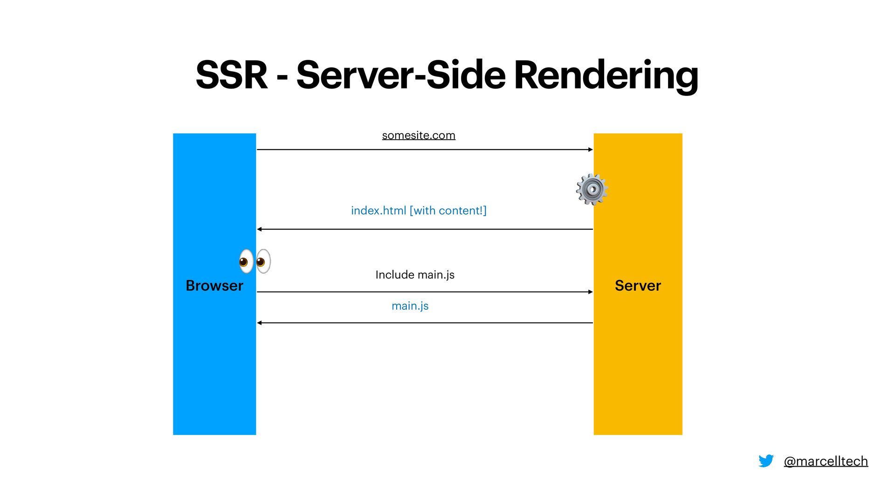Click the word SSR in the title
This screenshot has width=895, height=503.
pyautogui.click(x=232, y=75)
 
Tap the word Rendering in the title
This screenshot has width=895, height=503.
pyautogui.click(x=606, y=76)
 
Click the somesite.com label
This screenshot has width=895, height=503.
pyautogui.click(x=419, y=135)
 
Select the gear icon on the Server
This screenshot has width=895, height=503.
pyautogui.click(x=592, y=189)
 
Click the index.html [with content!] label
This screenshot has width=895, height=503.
pyautogui.click(x=419, y=211)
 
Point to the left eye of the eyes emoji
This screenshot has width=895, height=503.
pyautogui.click(x=246, y=261)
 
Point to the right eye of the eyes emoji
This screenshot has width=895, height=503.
pyautogui.click(x=263, y=261)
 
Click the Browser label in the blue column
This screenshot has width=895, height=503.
pyautogui.click(x=214, y=285)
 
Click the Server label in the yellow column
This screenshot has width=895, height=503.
pyautogui.click(x=638, y=285)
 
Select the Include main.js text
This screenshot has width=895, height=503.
pyautogui.click(x=415, y=275)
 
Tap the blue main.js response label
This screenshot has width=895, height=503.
pyautogui.click(x=410, y=306)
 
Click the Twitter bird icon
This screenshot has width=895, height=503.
pyautogui.click(x=766, y=461)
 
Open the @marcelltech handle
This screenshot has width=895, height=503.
pyautogui.click(x=826, y=461)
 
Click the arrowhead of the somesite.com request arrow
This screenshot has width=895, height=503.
pyautogui.click(x=591, y=150)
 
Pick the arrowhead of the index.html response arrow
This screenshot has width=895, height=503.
pyautogui.click(x=260, y=229)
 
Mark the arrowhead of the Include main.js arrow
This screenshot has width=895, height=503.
pyautogui.click(x=591, y=292)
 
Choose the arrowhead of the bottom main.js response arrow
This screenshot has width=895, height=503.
pyautogui.click(x=260, y=323)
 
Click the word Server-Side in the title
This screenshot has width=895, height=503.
pyautogui.click(x=401, y=75)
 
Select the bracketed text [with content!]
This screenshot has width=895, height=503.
pyautogui.click(x=448, y=211)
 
